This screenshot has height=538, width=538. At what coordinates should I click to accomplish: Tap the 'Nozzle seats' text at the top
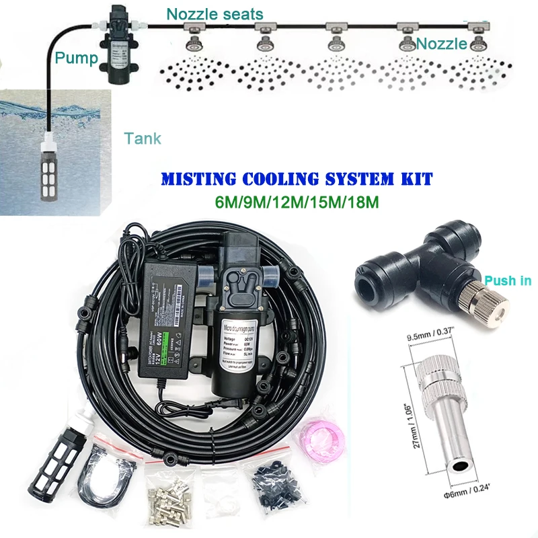(x=215, y=13)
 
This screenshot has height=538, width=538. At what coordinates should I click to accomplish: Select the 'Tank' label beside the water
(x=143, y=139)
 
